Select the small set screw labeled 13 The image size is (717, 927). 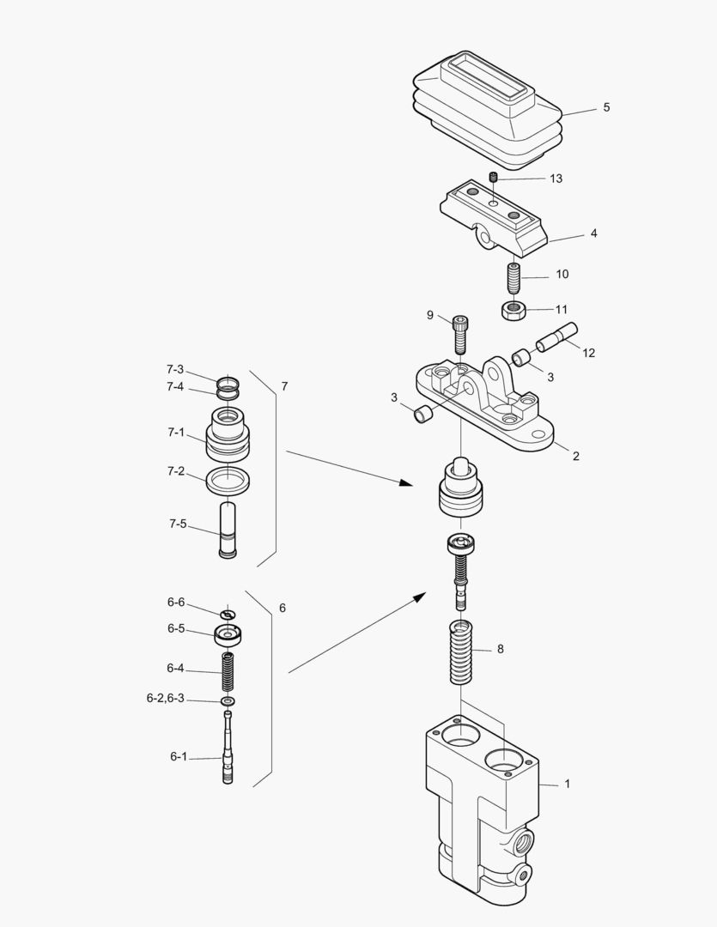coord(495,178)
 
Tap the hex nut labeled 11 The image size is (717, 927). coord(513,310)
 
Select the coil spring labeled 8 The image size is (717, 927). coord(462,652)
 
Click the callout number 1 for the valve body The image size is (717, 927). coord(567,784)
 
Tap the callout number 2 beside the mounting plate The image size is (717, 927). coord(575,456)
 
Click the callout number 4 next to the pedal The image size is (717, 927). coord(593,233)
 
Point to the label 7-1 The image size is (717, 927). coord(175,433)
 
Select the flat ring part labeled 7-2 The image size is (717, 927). coord(228,481)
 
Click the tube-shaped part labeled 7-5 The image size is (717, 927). coord(228,530)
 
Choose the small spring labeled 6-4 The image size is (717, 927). coord(228,670)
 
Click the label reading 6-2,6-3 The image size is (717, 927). coord(166,699)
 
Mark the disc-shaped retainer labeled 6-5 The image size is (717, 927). coord(228,636)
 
